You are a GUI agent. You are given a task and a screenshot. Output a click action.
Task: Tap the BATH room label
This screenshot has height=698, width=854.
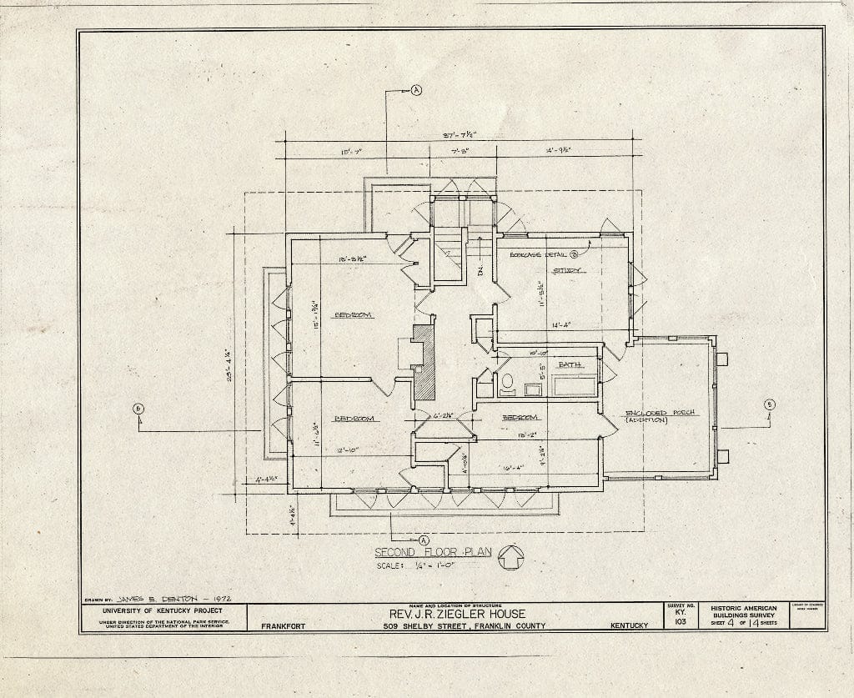click(570, 365)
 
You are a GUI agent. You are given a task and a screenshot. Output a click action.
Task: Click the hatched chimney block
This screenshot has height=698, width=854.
click(424, 361)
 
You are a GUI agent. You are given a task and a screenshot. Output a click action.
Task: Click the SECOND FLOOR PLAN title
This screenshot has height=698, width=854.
click(432, 552)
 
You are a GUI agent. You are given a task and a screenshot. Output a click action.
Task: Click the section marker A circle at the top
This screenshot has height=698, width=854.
click(416, 91)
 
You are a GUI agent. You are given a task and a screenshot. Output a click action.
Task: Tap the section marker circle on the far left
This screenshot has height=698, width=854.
click(138, 408)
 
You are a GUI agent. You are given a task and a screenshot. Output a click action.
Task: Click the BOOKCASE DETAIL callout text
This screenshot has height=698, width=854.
click(538, 254)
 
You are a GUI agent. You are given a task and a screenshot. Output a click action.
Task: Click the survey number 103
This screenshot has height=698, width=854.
click(679, 622)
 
